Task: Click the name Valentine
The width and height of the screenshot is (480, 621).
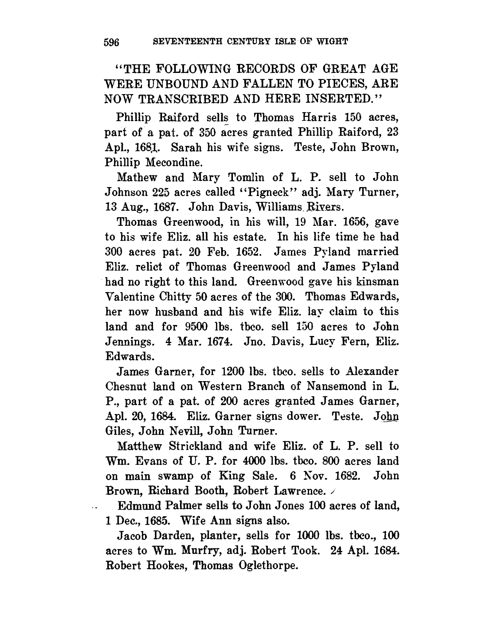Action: pos(131,297)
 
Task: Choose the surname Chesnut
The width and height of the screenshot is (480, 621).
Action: pos(126,386)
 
